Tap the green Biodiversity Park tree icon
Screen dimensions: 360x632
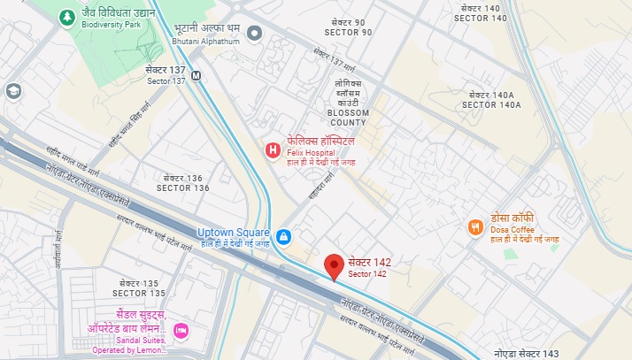66,17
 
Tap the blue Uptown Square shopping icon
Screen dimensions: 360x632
283,236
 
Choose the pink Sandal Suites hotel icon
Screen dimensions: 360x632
181,331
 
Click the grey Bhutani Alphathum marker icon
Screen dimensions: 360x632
255,34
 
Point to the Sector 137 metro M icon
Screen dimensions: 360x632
196,75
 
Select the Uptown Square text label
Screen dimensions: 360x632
233,233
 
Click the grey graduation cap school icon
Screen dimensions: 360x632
13,91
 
